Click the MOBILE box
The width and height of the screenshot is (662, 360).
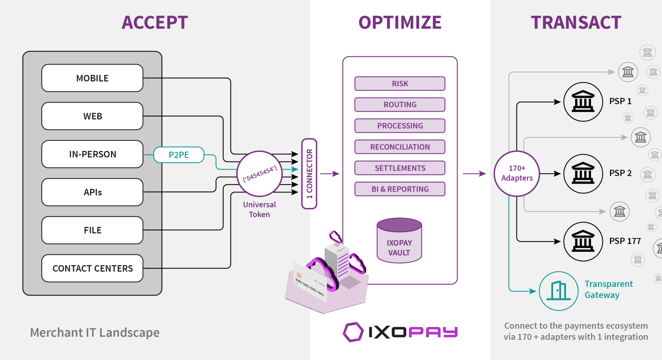click(x=92, y=78)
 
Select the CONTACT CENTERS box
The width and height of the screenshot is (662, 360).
click(x=92, y=268)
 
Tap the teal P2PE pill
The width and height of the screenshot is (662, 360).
click(x=179, y=155)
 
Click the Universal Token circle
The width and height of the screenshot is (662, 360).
click(x=260, y=174)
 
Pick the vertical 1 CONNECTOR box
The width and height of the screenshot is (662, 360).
click(x=309, y=174)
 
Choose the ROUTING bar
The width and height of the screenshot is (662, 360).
click(x=400, y=105)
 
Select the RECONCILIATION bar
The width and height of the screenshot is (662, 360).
click(x=400, y=147)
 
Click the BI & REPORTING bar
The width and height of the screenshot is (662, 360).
click(x=400, y=189)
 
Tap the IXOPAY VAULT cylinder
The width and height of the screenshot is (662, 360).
click(x=399, y=242)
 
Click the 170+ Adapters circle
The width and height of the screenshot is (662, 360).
click(x=517, y=173)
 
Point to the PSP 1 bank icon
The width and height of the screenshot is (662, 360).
click(x=583, y=102)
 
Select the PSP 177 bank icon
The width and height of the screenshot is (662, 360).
click(x=583, y=241)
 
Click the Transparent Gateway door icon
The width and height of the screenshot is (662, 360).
click(x=558, y=291)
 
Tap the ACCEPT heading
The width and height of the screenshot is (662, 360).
click(x=155, y=22)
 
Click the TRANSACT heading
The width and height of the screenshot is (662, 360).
click(x=576, y=22)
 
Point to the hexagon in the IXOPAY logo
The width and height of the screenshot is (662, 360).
click(x=353, y=332)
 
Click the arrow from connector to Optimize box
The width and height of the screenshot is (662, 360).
click(x=330, y=174)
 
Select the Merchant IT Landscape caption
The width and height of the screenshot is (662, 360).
click(x=95, y=333)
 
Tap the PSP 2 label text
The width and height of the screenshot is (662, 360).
click(x=620, y=173)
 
